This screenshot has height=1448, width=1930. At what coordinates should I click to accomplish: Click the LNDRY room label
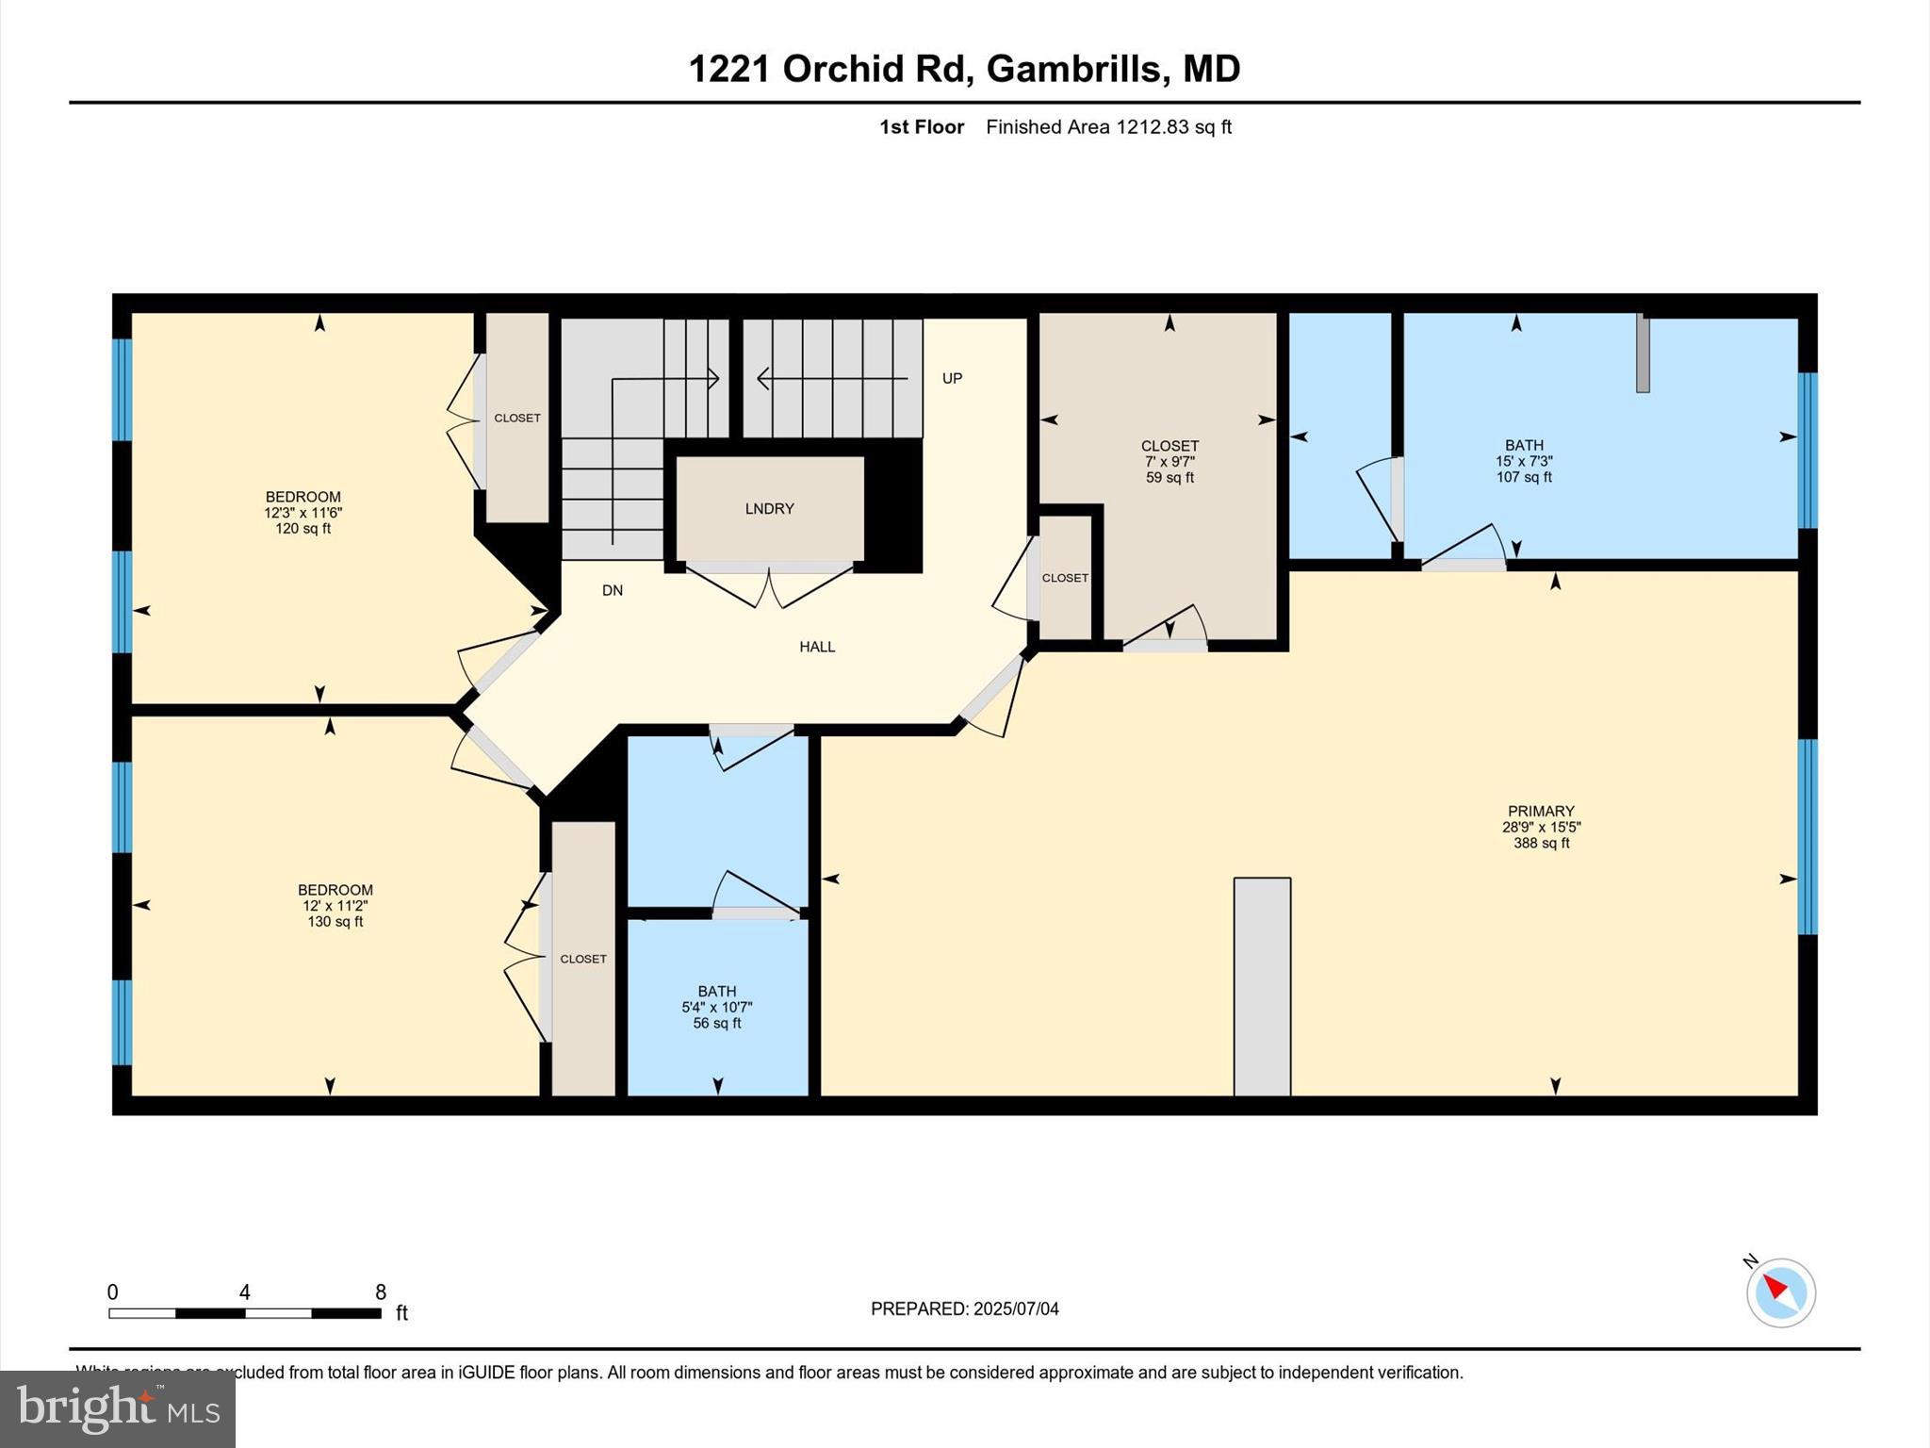pos(769,509)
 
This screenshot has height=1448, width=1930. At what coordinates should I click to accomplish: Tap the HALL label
pos(817,647)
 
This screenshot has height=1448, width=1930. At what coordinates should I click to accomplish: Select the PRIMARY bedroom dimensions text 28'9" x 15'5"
pos(1541,828)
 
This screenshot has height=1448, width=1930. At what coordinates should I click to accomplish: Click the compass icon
pos(1780,1292)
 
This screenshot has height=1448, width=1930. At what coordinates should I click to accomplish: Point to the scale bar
pos(245,1312)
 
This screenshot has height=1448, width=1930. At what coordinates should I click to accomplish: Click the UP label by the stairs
pos(952,378)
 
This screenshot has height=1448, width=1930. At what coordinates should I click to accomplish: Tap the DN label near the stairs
pos(613,591)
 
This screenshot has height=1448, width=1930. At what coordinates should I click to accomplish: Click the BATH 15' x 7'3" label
pos(1524,461)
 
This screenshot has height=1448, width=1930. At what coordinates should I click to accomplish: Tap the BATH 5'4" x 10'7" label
pos(717,1007)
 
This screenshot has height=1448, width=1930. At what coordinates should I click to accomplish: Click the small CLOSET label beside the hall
pos(1065,578)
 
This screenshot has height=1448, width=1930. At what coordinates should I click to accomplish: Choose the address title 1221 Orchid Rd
pos(964,69)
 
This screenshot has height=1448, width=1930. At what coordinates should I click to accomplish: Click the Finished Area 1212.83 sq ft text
pos(1108,127)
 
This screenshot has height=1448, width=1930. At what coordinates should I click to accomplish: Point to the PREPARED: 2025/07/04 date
pos(964,1308)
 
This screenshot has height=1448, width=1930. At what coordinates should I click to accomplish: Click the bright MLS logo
pos(118,1408)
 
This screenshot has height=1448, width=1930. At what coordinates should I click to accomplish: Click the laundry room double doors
pos(770,584)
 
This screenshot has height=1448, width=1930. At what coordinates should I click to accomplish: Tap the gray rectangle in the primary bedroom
pos(1262,986)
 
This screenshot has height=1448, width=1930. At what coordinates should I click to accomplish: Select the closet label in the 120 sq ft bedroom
pos(517,418)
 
